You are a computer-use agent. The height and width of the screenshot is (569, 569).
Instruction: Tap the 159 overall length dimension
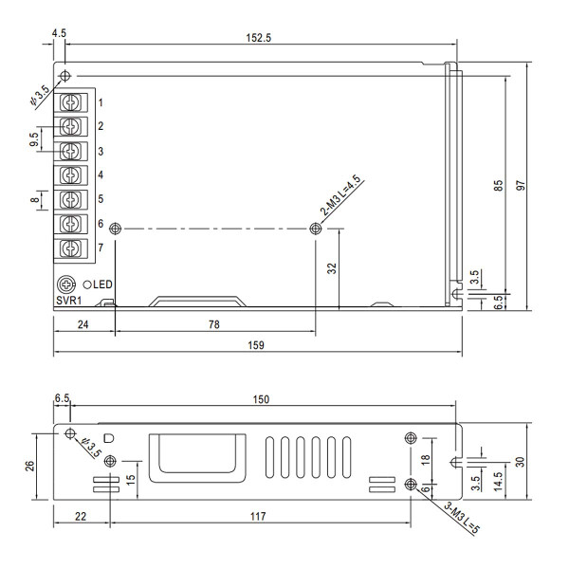[x=257, y=343]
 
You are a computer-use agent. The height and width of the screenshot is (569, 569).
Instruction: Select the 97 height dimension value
[x=521, y=186]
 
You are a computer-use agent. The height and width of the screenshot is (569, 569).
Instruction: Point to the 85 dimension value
[x=498, y=186]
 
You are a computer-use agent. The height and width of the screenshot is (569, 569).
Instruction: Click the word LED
[x=104, y=284]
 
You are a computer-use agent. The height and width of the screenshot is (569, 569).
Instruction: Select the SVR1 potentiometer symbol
[x=66, y=284]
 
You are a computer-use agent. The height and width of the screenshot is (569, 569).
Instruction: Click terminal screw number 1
[x=69, y=101]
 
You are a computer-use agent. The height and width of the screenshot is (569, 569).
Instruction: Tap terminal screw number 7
[x=69, y=248]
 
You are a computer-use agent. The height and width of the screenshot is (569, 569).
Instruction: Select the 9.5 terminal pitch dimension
[x=34, y=138]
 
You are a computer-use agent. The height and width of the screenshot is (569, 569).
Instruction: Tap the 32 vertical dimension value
[x=331, y=268]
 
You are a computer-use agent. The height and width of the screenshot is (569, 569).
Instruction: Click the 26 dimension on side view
[x=30, y=466]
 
